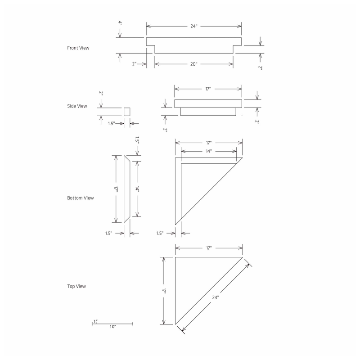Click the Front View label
click(x=78, y=48)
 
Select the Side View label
click(x=77, y=106)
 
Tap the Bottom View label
click(x=81, y=198)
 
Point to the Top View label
click(x=76, y=286)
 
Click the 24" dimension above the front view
click(x=194, y=26)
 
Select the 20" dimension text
click(x=194, y=64)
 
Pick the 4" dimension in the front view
click(x=120, y=23)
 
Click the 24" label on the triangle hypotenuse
click(x=216, y=297)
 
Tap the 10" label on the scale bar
click(x=113, y=327)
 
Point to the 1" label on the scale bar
click(x=95, y=321)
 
